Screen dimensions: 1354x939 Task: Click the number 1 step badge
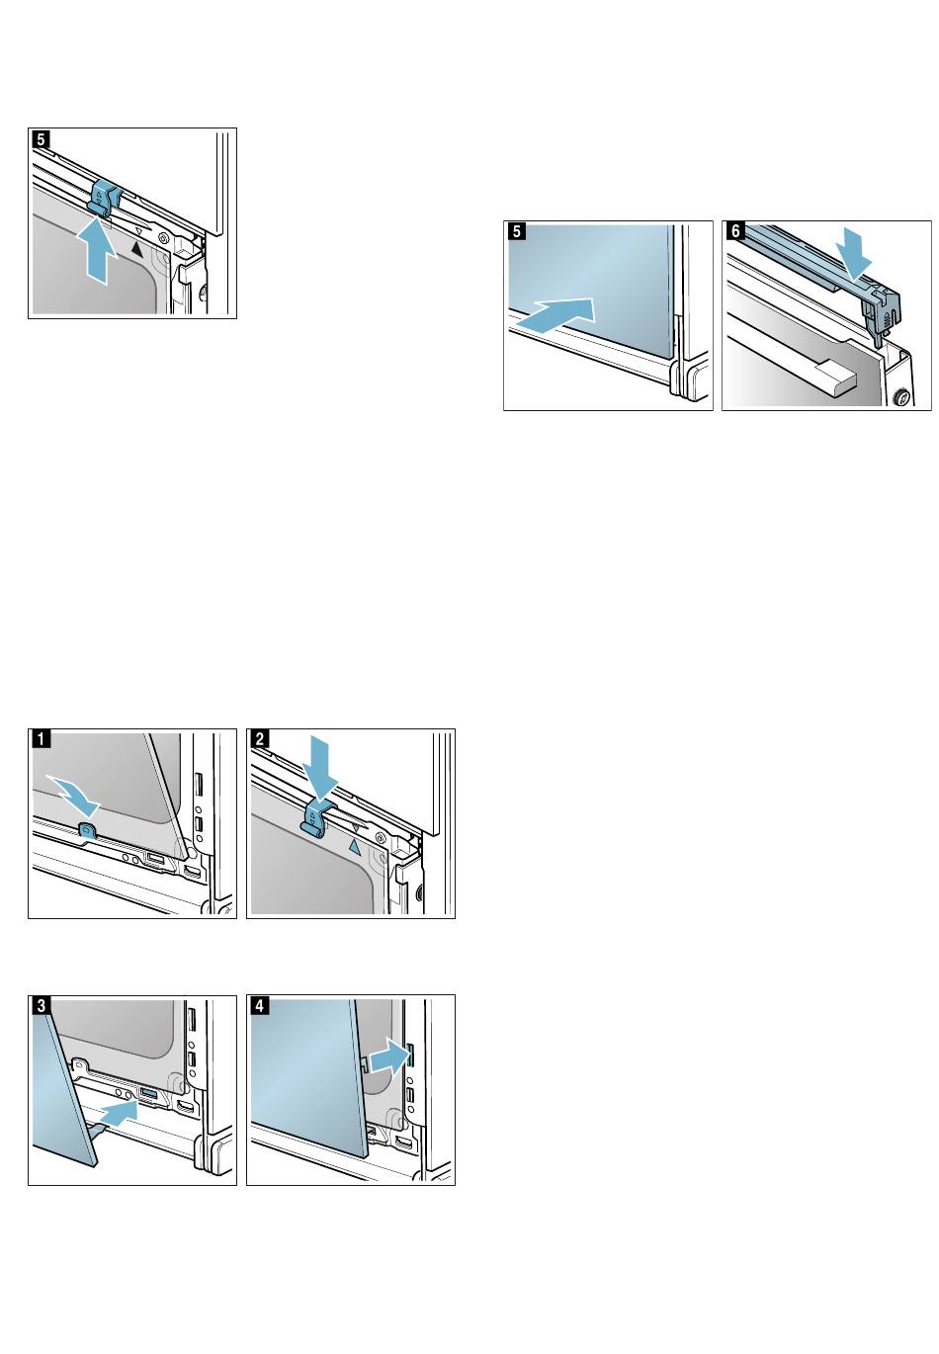(39, 738)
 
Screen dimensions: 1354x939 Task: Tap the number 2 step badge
(257, 738)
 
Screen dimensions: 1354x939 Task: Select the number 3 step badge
(39, 1004)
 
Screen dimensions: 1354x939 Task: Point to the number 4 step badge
(257, 1004)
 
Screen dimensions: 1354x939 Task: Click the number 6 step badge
(732, 230)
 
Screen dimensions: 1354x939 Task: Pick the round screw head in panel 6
(900, 399)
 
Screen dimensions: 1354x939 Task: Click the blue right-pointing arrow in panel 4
(387, 1059)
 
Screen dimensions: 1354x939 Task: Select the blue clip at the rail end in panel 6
(882, 305)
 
